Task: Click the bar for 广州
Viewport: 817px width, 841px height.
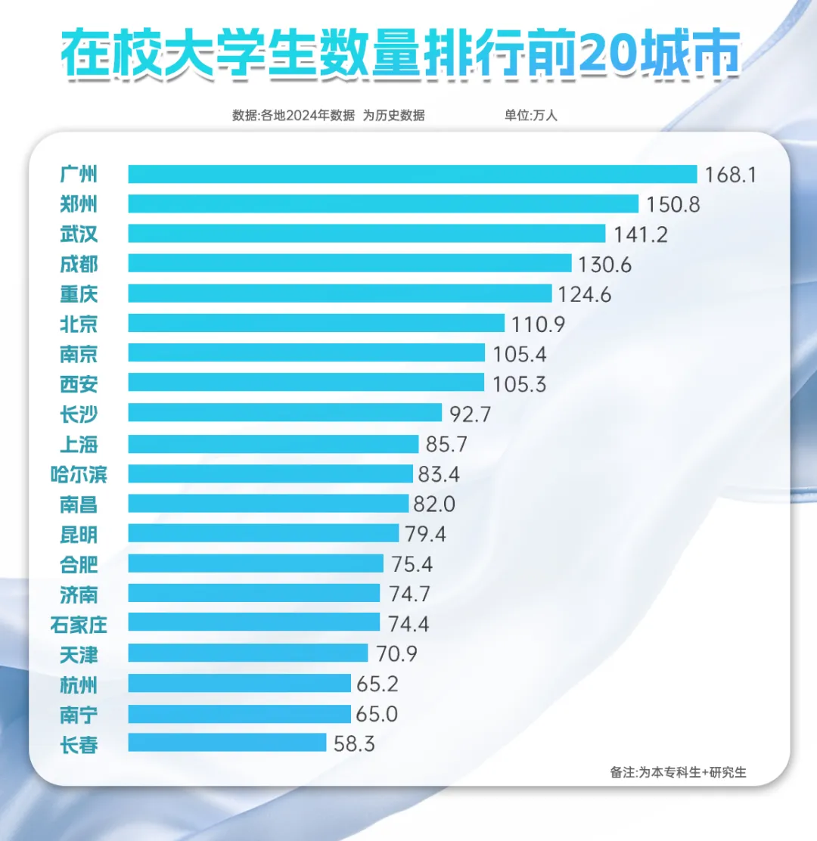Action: pyautogui.click(x=412, y=174)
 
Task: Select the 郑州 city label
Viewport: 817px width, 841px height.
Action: pyautogui.click(x=79, y=204)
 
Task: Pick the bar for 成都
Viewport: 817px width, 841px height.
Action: pyautogui.click(x=349, y=263)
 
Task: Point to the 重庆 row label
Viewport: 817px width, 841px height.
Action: pyautogui.click(x=79, y=293)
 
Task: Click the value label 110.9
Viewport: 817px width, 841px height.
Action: pyautogui.click(x=538, y=324)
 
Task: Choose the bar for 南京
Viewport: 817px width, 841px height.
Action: pyautogui.click(x=306, y=353)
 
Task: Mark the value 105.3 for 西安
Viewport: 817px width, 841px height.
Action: pyautogui.click(x=518, y=383)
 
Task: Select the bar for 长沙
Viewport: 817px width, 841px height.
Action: pyautogui.click(x=284, y=413)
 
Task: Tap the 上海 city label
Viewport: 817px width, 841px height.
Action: pyautogui.click(x=79, y=443)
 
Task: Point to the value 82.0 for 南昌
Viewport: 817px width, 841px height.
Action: pyautogui.click(x=433, y=504)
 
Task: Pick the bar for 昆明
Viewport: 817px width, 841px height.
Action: pyautogui.click(x=263, y=533)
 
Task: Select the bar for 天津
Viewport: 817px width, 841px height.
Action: pyautogui.click(x=248, y=653)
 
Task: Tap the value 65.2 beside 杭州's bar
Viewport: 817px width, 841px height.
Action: pyautogui.click(x=377, y=684)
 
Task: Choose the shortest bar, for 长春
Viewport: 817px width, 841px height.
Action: pyautogui.click(x=227, y=743)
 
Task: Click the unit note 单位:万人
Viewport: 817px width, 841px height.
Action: pyautogui.click(x=530, y=116)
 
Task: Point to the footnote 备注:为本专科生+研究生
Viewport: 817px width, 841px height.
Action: pyautogui.click(x=678, y=772)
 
